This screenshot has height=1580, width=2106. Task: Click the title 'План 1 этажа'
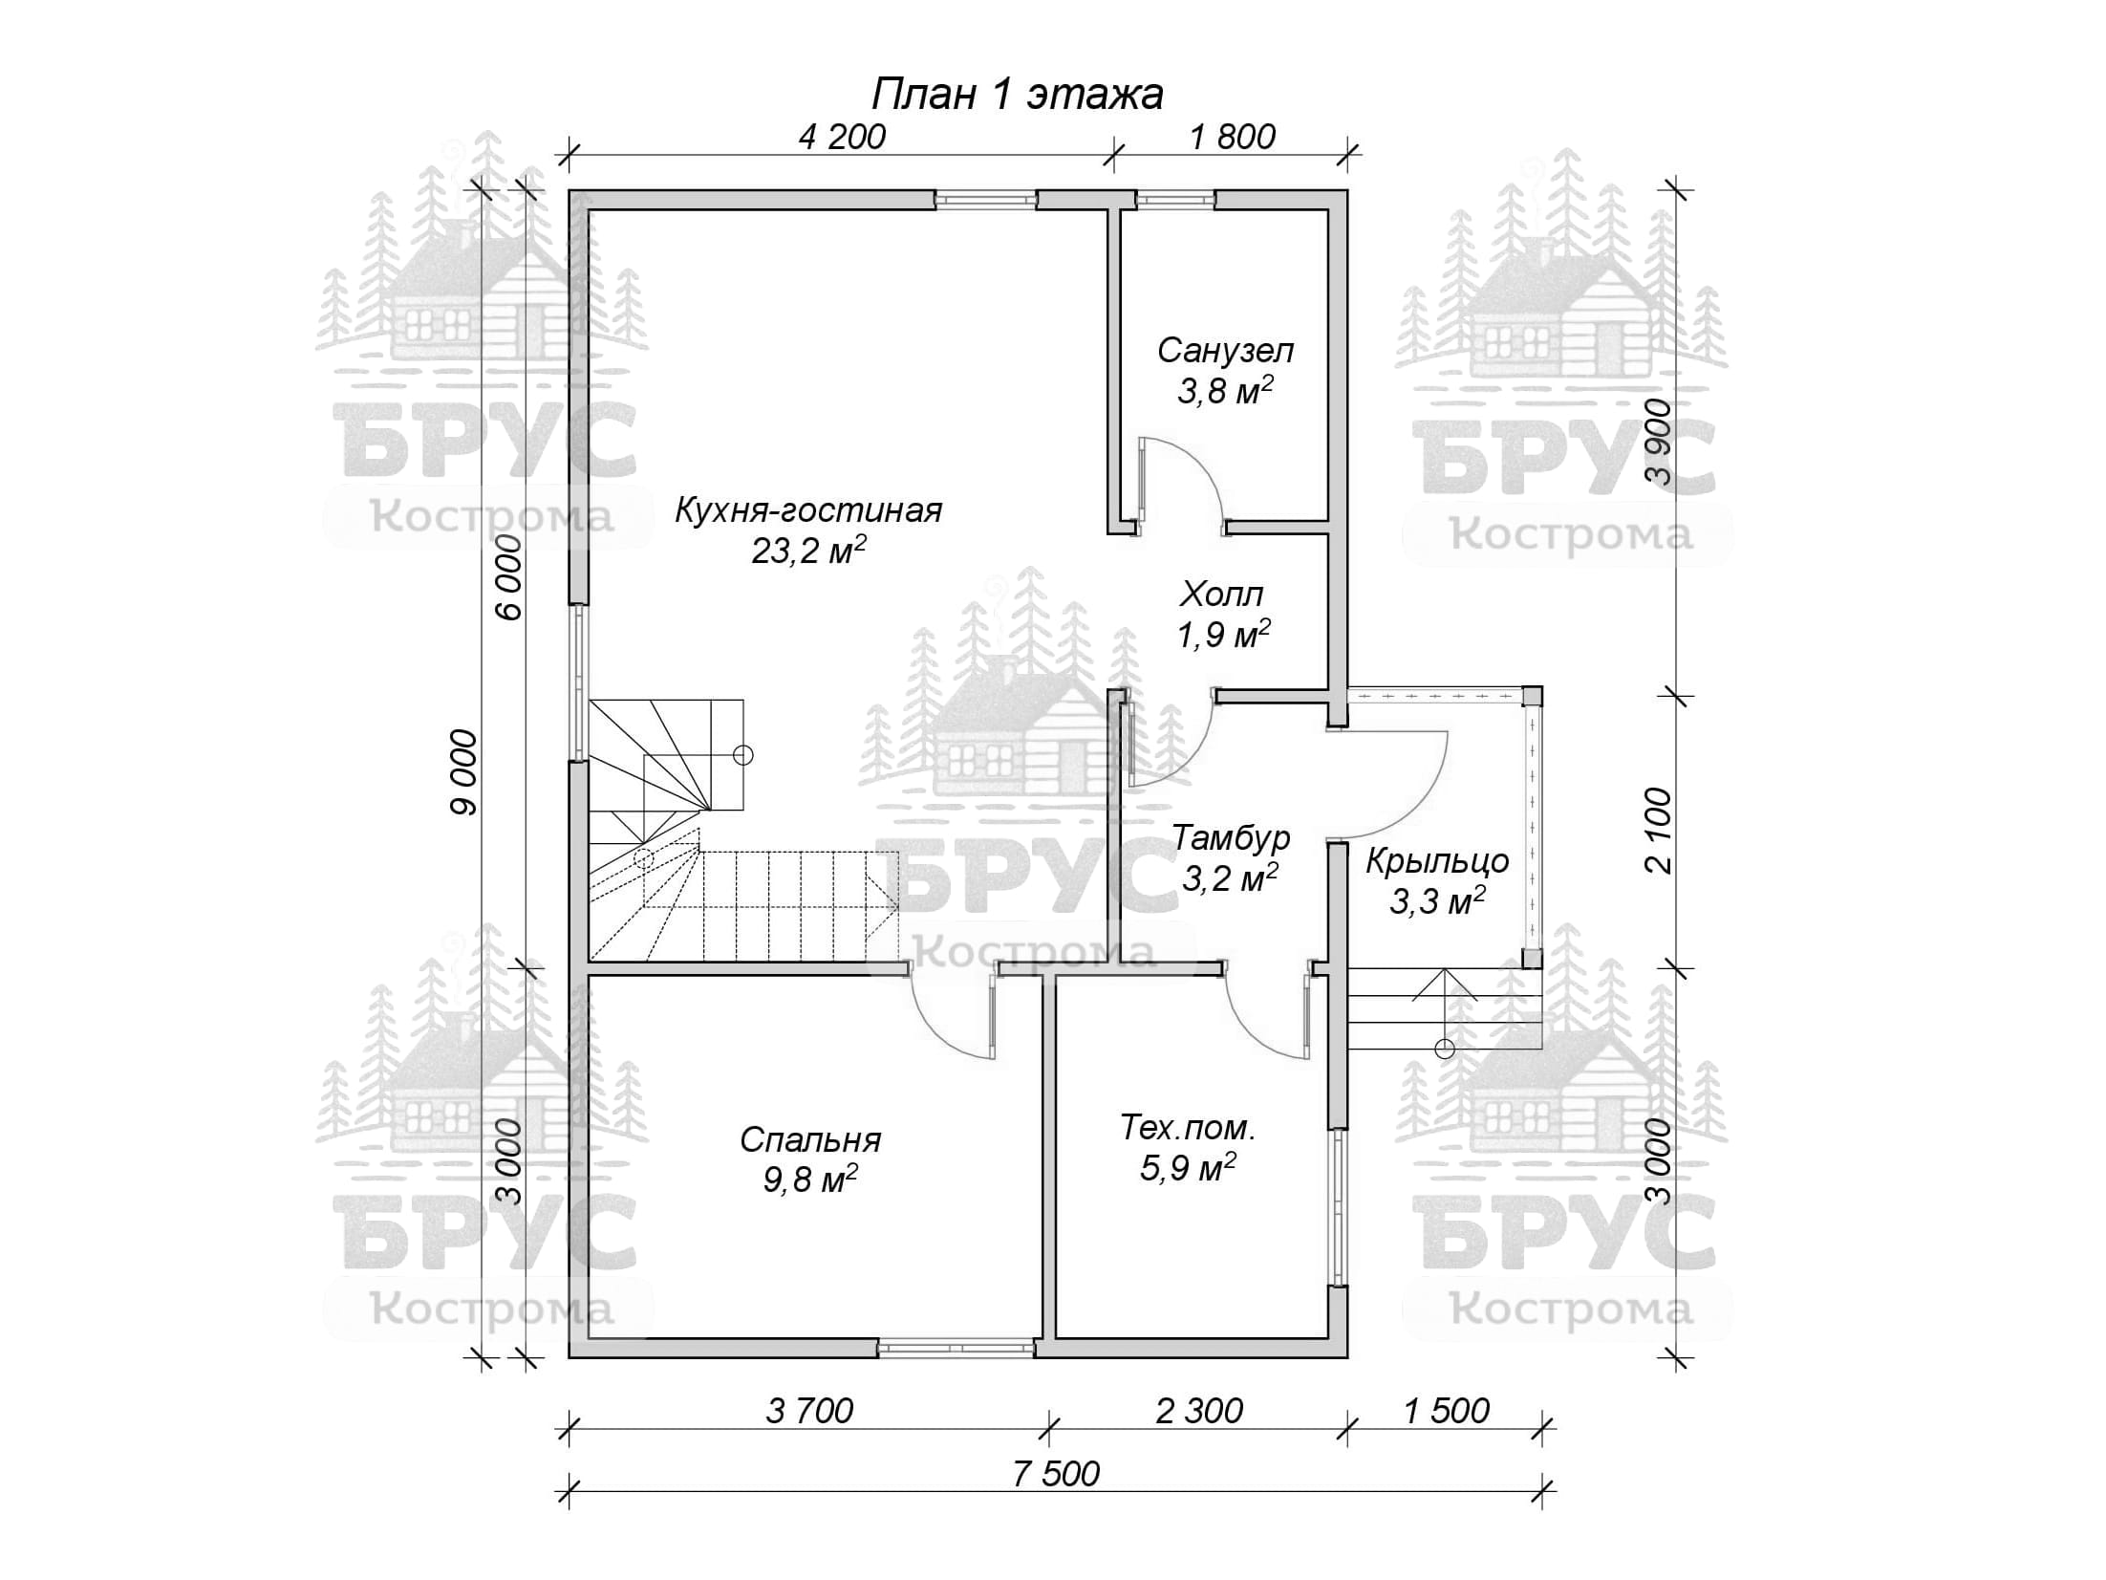click(x=1018, y=95)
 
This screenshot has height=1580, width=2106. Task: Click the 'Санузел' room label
click(x=1225, y=351)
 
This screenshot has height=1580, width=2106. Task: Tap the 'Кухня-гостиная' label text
click(x=808, y=510)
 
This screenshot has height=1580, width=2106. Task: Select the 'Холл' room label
click(x=1221, y=595)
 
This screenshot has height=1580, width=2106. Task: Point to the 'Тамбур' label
click(x=1231, y=837)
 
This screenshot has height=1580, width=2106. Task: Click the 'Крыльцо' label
click(x=1436, y=862)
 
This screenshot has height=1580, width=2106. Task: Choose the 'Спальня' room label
click(x=810, y=1140)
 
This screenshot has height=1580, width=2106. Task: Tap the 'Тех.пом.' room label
click(x=1188, y=1129)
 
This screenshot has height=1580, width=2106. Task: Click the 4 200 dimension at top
click(x=842, y=138)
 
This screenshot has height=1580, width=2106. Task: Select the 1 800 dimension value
click(x=1233, y=138)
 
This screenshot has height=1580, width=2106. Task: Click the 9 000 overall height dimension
click(x=463, y=772)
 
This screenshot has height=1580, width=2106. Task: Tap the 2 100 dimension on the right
click(x=1659, y=830)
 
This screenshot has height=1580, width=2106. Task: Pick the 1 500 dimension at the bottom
click(x=1447, y=1411)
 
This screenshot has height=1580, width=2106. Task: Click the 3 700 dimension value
click(x=809, y=1411)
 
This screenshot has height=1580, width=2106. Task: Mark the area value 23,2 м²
click(x=808, y=550)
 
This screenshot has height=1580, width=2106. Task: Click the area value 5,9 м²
click(x=1188, y=1167)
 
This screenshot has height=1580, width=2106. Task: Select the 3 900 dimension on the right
click(x=1659, y=442)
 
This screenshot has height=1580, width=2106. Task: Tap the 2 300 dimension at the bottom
click(x=1199, y=1411)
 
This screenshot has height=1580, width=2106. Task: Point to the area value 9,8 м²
click(x=809, y=1180)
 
